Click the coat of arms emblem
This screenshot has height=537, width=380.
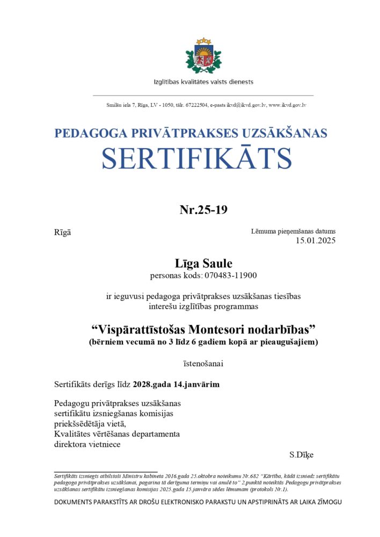(203, 56)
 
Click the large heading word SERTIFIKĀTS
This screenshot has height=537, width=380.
(197, 158)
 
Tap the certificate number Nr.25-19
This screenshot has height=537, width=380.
(203, 209)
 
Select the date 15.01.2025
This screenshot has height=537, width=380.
(316, 241)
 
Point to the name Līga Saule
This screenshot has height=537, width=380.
(203, 263)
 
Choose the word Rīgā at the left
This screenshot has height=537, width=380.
(62, 232)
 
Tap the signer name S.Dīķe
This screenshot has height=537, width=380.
(301, 455)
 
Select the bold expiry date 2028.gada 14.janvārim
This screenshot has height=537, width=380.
(176, 384)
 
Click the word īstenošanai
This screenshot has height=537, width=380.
(203, 364)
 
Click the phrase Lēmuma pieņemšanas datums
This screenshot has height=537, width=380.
(293, 231)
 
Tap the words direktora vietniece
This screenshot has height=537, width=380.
(87, 444)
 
